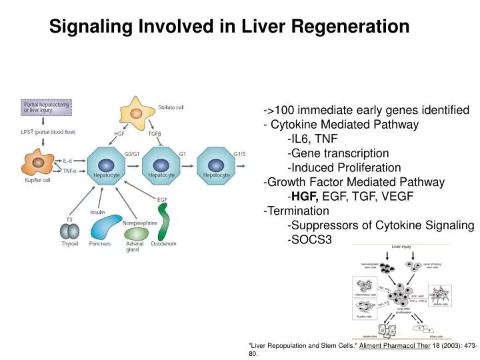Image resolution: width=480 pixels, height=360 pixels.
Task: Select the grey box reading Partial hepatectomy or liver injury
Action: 47,107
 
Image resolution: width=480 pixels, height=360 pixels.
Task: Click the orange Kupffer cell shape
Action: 38,163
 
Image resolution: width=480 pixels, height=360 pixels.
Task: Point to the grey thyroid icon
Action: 69,231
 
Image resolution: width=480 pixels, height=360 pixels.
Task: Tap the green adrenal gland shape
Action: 137,234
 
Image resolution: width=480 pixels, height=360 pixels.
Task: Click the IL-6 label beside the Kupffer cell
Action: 68,161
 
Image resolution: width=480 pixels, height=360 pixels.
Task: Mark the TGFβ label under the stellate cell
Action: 155,134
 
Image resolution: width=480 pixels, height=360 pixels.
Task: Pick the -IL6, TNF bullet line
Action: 312,139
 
